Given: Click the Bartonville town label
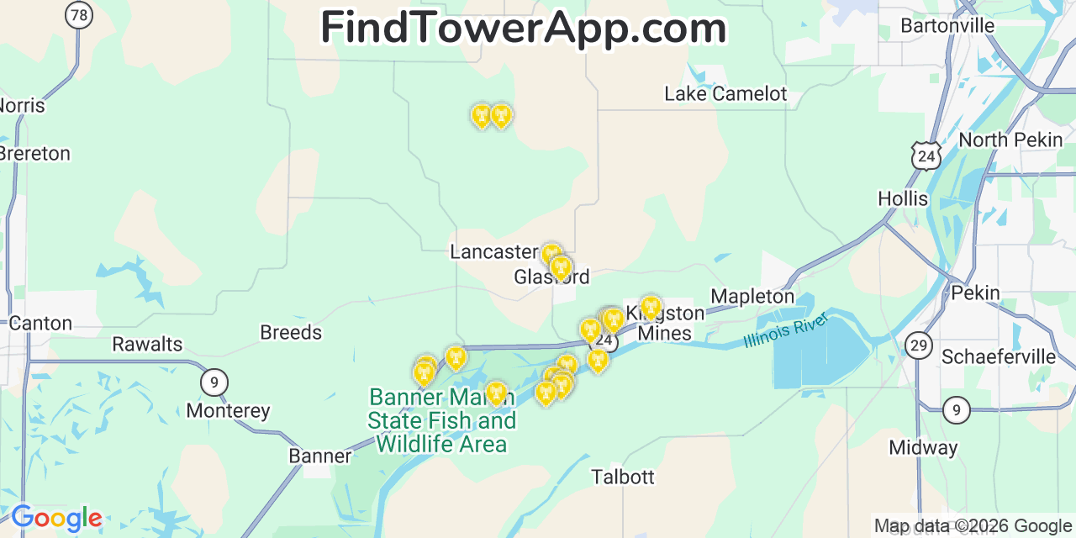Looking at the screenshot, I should [x=947, y=26].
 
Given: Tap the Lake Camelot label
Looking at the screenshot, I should [x=725, y=94].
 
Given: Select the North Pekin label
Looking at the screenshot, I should [x=1010, y=140].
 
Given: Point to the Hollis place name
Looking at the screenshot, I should [x=903, y=199].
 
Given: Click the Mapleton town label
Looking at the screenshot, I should [x=752, y=297].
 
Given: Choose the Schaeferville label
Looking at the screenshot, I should [x=998, y=357].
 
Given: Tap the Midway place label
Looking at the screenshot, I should [x=923, y=448].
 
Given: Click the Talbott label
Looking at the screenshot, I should [x=622, y=477].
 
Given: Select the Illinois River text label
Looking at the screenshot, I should [x=786, y=330].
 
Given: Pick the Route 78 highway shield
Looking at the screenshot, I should [x=79, y=14].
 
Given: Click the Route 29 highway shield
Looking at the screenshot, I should [x=919, y=345].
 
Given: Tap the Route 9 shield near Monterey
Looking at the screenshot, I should [x=214, y=382].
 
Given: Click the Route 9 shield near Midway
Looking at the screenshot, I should [x=956, y=410].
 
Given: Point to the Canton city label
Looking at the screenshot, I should [x=40, y=324].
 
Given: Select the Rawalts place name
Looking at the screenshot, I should [x=147, y=345].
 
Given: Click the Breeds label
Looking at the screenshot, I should [x=291, y=333].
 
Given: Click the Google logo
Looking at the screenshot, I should [x=55, y=518].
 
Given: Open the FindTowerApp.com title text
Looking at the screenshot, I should [x=523, y=29].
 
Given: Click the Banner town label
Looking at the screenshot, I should [x=319, y=456].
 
